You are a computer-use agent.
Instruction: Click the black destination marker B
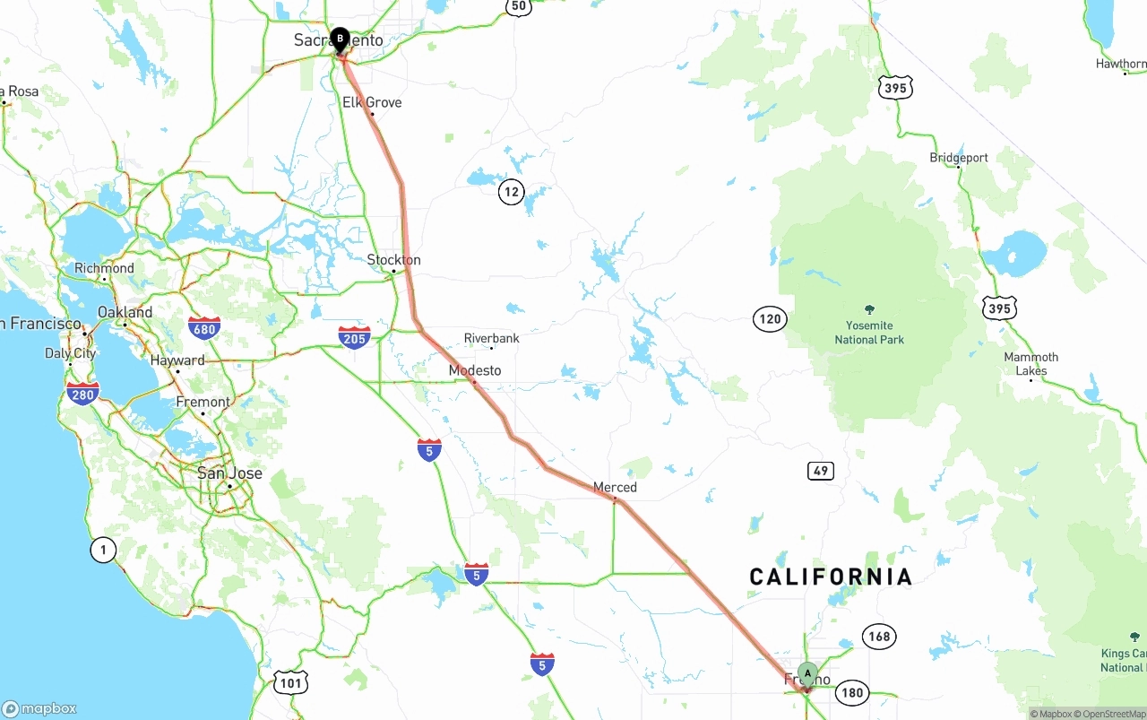click(x=340, y=39)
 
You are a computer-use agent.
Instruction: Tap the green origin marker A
click(x=807, y=673)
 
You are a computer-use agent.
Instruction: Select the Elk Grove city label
click(x=372, y=102)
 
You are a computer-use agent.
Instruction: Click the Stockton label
click(x=393, y=260)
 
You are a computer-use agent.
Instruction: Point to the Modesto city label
click(x=475, y=370)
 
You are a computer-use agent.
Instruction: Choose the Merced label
click(x=615, y=487)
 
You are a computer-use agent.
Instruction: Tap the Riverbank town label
click(x=491, y=338)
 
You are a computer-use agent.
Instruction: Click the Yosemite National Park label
click(x=869, y=332)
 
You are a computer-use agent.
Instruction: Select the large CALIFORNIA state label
click(x=831, y=577)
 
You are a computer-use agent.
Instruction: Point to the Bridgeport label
click(x=959, y=158)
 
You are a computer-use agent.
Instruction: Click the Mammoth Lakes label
click(x=1031, y=363)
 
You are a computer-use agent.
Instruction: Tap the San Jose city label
click(x=229, y=473)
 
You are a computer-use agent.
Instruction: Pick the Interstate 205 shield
click(x=355, y=337)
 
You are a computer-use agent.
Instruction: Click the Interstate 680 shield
click(x=204, y=328)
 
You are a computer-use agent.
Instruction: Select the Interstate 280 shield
click(x=82, y=394)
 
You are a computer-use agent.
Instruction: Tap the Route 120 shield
click(x=770, y=318)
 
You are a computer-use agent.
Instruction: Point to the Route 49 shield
click(x=820, y=471)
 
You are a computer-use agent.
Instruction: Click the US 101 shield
click(x=291, y=683)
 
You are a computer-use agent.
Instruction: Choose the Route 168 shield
click(x=879, y=637)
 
